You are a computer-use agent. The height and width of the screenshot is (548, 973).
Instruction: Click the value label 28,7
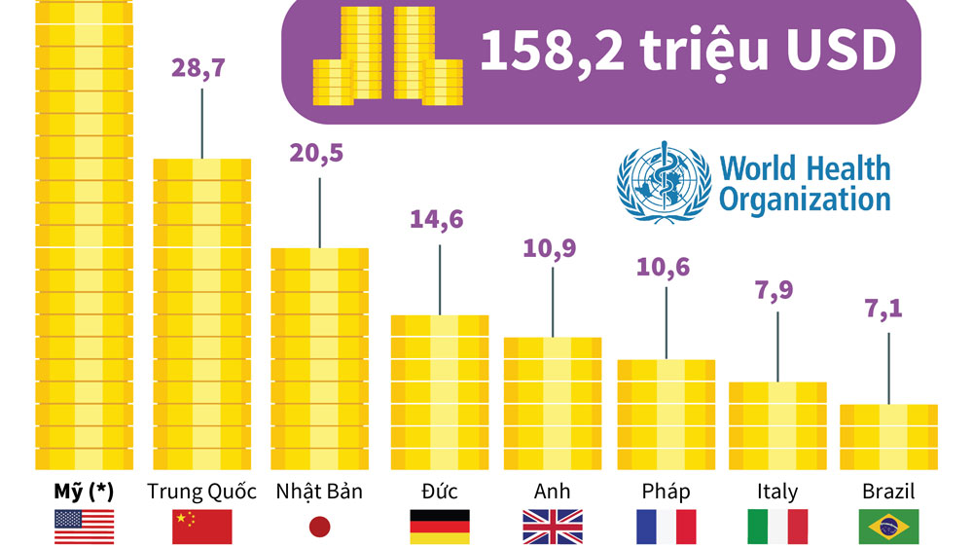click(x=198, y=68)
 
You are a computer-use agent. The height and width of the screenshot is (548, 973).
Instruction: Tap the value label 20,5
click(x=316, y=153)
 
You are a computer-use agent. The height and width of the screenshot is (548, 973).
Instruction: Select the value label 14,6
click(x=436, y=220)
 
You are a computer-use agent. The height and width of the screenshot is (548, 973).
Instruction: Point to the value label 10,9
click(x=550, y=248)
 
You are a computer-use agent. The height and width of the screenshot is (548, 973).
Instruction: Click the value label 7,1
click(x=883, y=309)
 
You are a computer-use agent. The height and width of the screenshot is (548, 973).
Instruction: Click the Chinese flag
click(x=201, y=527)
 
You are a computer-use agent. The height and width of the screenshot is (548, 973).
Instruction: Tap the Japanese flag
click(x=319, y=527)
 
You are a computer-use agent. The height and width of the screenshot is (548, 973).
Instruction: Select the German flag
click(x=440, y=527)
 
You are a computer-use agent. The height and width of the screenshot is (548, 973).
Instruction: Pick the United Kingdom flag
click(x=553, y=527)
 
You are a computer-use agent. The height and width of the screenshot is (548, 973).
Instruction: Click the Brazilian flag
click(x=888, y=527)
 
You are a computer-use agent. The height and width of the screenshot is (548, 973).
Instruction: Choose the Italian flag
click(x=777, y=527)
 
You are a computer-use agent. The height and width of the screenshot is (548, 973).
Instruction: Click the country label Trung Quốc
click(x=201, y=492)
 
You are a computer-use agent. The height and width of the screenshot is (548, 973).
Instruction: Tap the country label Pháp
click(x=666, y=492)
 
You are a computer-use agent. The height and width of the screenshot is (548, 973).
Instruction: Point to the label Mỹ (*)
click(x=84, y=493)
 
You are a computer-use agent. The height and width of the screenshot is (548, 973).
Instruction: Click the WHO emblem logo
click(x=664, y=182)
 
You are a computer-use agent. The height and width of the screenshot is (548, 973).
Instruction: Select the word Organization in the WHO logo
click(x=805, y=200)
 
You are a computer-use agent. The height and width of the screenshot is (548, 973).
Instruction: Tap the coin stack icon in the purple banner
click(x=388, y=55)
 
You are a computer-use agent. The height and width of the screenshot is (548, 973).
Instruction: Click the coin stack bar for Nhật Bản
click(x=319, y=359)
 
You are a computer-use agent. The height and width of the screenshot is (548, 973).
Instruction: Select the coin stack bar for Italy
click(x=777, y=425)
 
